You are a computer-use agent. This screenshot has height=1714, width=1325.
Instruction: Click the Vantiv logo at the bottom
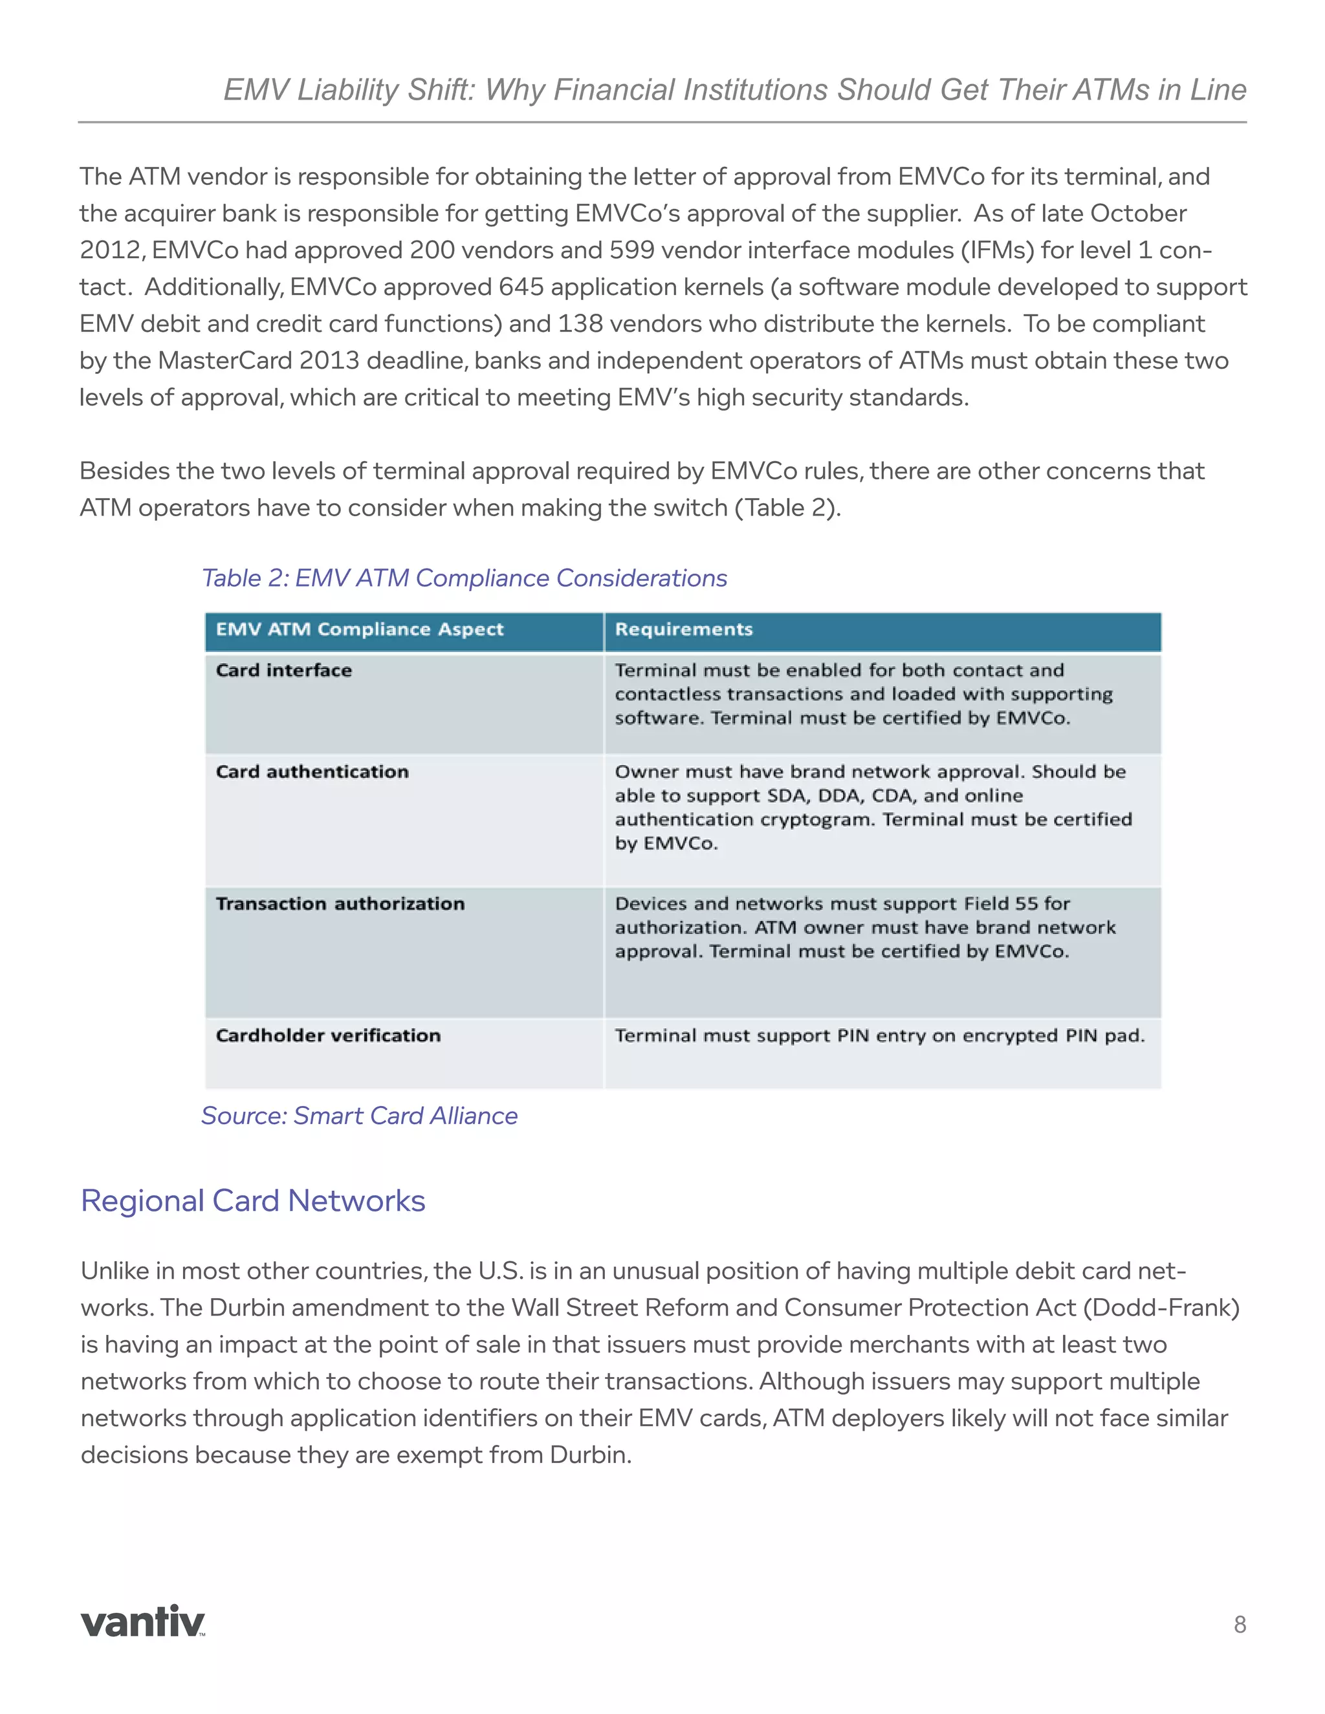tap(143, 1622)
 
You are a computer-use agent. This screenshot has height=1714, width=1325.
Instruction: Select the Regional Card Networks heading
tap(253, 1200)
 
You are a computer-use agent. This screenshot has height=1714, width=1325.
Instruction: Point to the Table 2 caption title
tap(464, 578)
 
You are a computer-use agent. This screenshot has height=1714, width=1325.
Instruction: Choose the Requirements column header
tap(684, 629)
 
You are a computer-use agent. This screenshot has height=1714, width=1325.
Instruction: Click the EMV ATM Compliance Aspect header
tap(360, 629)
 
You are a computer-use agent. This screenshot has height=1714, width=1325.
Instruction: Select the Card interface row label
tap(284, 670)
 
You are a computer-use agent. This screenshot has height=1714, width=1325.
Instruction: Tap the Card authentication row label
tap(312, 772)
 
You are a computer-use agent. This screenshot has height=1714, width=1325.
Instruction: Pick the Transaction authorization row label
tap(340, 904)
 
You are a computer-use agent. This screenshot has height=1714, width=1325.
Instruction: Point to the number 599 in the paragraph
tap(632, 250)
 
